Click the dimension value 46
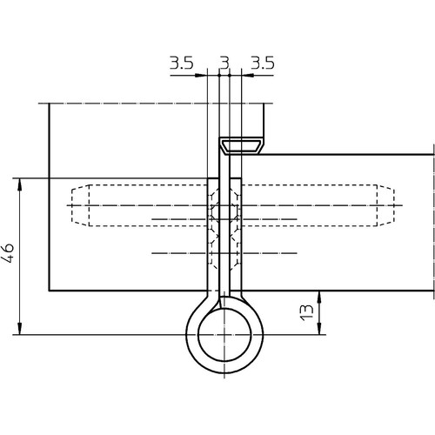tap(8, 252)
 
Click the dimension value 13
tap(306, 312)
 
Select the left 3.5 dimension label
tap(181, 63)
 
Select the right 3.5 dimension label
tap(263, 63)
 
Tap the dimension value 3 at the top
tap(224, 63)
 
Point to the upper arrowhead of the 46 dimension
tap(19, 184)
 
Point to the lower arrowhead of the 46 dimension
tap(19, 328)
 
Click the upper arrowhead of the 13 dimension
tap(319, 297)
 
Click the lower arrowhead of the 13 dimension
tap(319, 328)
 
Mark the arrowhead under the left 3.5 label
tap(201, 76)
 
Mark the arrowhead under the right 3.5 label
tap(248, 76)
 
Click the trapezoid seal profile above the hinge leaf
tap(242, 146)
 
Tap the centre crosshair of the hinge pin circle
tap(224, 335)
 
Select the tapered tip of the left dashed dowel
tap(80, 205)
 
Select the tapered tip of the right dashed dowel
tap(385, 205)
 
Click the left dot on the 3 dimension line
tap(219, 76)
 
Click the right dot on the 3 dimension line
tap(230, 76)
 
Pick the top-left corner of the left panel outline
tap(49, 104)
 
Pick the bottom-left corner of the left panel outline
tap(49, 291)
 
